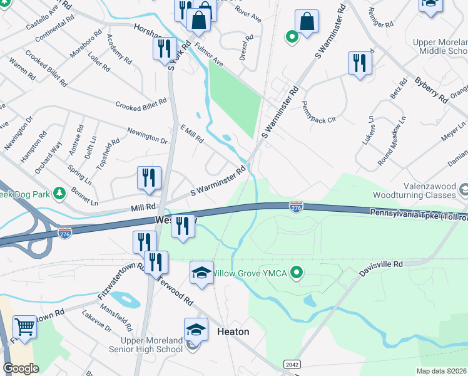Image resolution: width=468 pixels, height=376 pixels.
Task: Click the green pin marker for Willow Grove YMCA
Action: point(298,273)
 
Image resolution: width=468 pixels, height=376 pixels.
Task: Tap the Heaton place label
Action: point(233,332)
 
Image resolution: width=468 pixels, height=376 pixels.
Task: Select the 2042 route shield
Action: point(291,364)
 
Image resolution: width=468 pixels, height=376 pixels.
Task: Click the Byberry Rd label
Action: point(431,90)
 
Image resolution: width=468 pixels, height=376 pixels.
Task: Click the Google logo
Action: point(21,368)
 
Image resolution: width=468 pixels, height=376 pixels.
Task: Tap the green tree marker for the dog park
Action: point(59,192)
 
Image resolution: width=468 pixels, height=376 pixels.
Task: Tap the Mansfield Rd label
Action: point(120,318)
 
